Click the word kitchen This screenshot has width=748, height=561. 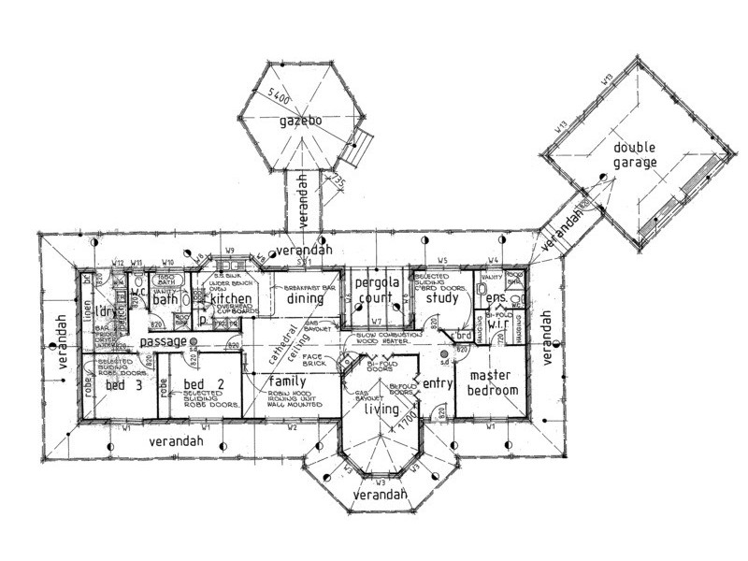point(230,300)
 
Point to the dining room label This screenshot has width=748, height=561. point(306,300)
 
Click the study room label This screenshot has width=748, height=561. point(441,299)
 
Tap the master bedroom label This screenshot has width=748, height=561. point(486,382)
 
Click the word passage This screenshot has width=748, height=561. point(163,342)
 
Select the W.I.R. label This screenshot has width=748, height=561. point(498,326)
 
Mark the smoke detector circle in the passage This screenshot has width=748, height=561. point(194,343)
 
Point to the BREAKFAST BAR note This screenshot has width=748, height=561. point(305,287)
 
